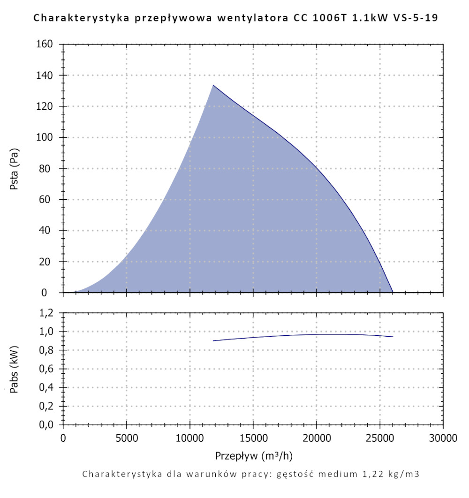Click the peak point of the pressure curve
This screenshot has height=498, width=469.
pos(213,85)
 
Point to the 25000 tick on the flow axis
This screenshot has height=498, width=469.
pos(379,439)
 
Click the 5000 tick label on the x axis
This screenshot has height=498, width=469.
pos(126,439)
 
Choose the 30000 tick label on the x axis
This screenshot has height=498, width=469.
pos(443,439)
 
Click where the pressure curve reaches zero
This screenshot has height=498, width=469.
pos(393,292)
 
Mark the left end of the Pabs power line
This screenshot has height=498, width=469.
pos(213,341)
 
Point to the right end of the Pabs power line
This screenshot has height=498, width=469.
pos(393,337)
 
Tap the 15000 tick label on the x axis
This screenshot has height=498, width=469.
pos(253,439)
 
